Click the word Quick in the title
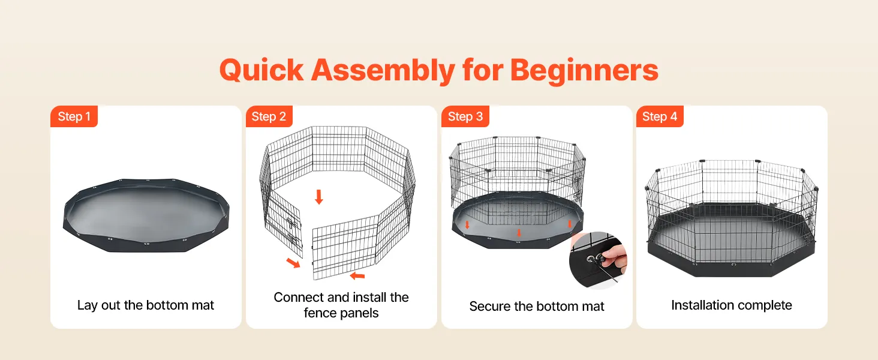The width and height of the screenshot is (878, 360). pyautogui.click(x=261, y=71)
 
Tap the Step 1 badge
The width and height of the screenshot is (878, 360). pyautogui.click(x=74, y=116)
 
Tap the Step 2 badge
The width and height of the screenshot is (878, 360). pyautogui.click(x=269, y=116)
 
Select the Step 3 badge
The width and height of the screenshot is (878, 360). pyautogui.click(x=465, y=116)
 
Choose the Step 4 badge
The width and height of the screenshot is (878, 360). pyautogui.click(x=660, y=116)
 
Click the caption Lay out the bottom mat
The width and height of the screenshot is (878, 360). pyautogui.click(x=145, y=305)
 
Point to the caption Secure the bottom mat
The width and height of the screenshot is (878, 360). pyautogui.click(x=537, y=306)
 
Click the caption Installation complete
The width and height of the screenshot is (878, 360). pyautogui.click(x=732, y=305)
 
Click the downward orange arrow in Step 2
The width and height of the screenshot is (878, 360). pyautogui.click(x=319, y=197)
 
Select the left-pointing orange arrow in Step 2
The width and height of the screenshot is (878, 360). pyautogui.click(x=357, y=276)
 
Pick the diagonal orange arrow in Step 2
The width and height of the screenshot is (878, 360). pyautogui.click(x=293, y=263)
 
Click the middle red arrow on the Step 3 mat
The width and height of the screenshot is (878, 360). pyautogui.click(x=519, y=233)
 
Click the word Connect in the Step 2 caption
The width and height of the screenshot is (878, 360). pyautogui.click(x=299, y=297)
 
